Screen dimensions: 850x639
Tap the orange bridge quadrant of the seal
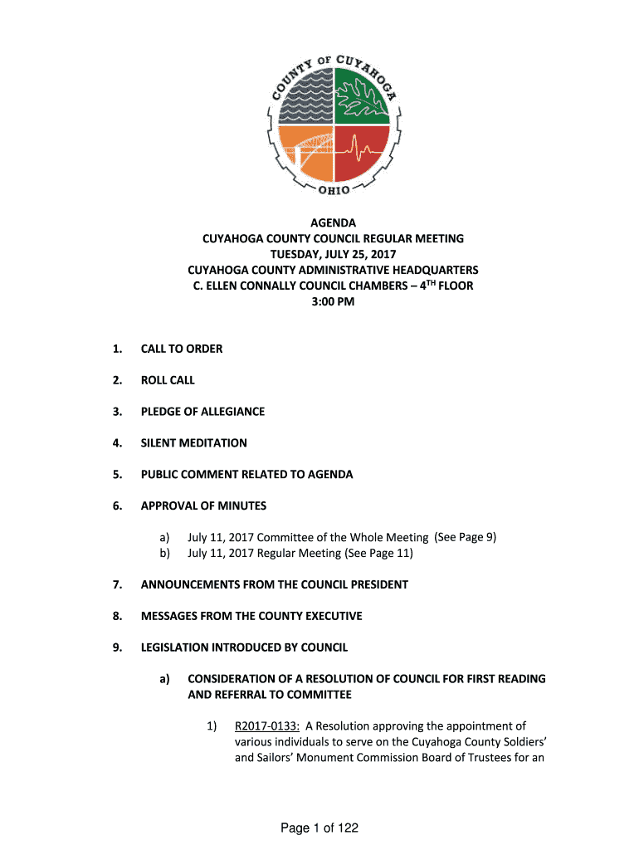click(x=305, y=154)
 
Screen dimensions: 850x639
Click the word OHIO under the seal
click(x=334, y=191)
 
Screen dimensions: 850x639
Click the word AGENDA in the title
click(x=333, y=222)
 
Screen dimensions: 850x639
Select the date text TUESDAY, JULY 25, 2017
click(x=333, y=254)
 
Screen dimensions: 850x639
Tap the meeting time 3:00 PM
click(x=333, y=301)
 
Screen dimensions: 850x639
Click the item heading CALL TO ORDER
click(x=182, y=349)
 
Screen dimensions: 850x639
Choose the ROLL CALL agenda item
click(x=168, y=380)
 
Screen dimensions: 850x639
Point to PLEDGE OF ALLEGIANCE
click(x=202, y=412)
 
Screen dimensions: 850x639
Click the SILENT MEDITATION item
click(x=193, y=443)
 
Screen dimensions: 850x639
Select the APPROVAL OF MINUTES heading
click(x=203, y=506)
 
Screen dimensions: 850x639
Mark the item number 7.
click(x=118, y=584)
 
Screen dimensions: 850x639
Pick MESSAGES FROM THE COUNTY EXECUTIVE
click(x=251, y=616)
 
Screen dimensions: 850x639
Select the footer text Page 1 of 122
click(x=319, y=828)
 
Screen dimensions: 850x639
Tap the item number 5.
click(x=118, y=475)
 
